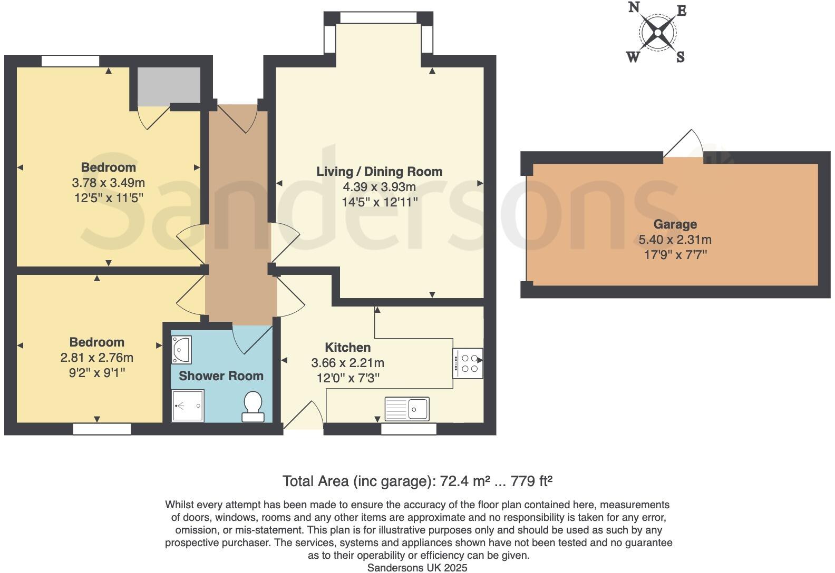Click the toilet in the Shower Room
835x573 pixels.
pyautogui.click(x=253, y=407)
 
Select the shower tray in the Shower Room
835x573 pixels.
pyautogui.click(x=188, y=406)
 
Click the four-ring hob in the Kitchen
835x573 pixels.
pyautogui.click(x=468, y=363)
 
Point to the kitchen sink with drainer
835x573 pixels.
pyautogui.click(x=407, y=409)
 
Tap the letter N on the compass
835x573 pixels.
pyautogui.click(x=634, y=7)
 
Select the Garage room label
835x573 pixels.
pyautogui.click(x=675, y=224)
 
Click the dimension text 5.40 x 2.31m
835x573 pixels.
pyautogui.click(x=675, y=240)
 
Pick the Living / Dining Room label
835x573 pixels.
pyautogui.click(x=379, y=172)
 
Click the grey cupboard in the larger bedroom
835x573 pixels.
pyautogui.click(x=169, y=85)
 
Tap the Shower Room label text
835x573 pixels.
pyautogui.click(x=221, y=376)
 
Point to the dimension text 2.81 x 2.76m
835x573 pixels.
pyautogui.click(x=97, y=358)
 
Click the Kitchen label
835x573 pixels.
pyautogui.click(x=347, y=348)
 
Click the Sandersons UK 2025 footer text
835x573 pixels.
pyautogui.click(x=417, y=568)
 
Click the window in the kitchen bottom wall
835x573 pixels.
pyautogui.click(x=409, y=429)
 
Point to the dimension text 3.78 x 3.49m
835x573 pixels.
pyautogui.click(x=108, y=183)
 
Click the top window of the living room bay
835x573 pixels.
pyautogui.click(x=378, y=18)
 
